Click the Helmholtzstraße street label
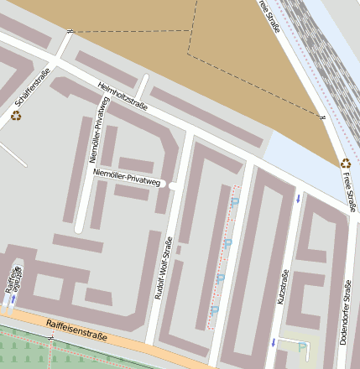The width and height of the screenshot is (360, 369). (x=123, y=98)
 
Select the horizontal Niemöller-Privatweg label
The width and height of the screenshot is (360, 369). (x=127, y=177)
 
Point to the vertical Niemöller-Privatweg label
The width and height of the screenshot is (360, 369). (x=99, y=129)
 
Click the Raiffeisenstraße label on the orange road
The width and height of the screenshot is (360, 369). (x=76, y=325)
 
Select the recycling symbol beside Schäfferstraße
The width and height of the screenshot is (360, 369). (x=16, y=116)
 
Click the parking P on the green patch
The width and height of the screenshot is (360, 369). (x=301, y=346)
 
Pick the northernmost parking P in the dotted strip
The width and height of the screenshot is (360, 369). (x=235, y=202)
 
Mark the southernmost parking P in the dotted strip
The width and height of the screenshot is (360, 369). (x=214, y=310)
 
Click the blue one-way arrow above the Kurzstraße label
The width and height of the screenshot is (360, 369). (x=298, y=199)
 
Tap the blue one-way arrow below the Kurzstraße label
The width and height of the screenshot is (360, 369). (x=272, y=341)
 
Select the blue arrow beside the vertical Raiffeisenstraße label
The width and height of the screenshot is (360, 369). (x=13, y=298)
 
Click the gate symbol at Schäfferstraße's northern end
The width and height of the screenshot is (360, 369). (x=70, y=31)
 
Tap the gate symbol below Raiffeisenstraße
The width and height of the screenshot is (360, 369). (x=52, y=337)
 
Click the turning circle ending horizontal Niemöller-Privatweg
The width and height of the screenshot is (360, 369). (x=171, y=184)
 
